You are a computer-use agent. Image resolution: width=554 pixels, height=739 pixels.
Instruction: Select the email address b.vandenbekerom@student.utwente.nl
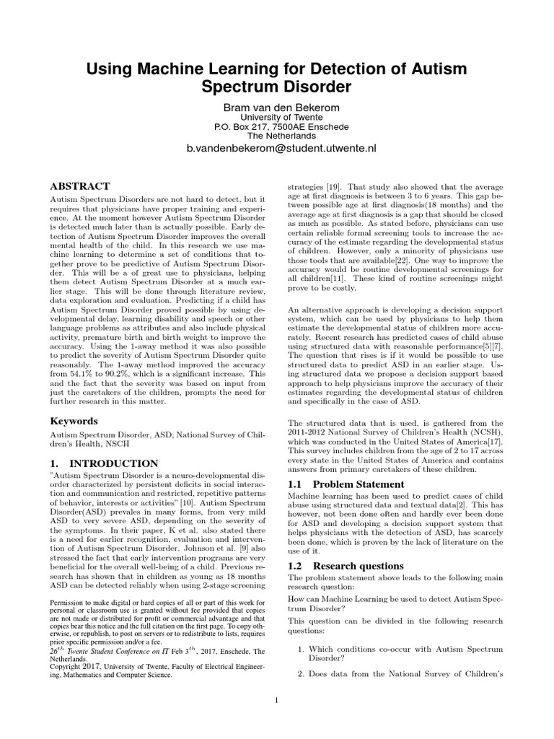click(x=281, y=149)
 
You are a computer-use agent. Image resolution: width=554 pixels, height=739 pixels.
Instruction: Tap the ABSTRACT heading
click(x=79, y=185)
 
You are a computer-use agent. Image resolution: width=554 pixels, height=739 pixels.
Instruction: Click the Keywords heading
click(x=74, y=421)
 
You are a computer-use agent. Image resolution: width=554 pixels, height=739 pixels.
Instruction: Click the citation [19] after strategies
click(x=333, y=185)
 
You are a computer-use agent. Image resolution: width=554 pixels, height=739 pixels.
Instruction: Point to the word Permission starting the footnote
click(x=69, y=603)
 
